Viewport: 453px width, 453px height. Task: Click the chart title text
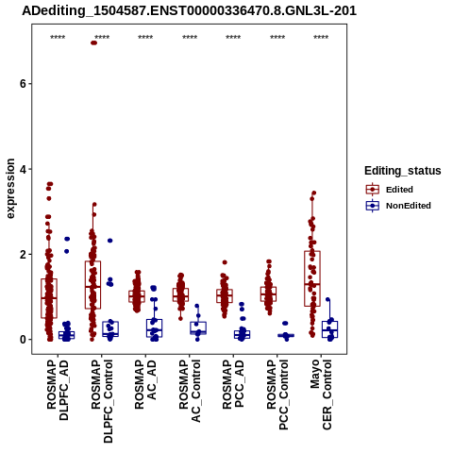coord(189,11)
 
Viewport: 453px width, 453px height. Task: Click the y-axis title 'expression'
coord(10,189)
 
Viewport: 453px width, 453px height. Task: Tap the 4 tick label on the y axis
coord(23,169)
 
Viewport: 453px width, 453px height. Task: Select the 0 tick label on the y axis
coord(23,340)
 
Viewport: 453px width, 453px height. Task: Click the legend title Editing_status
coord(403,171)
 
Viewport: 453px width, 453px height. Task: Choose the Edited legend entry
coord(399,190)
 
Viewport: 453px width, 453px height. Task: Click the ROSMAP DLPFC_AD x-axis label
coord(58,390)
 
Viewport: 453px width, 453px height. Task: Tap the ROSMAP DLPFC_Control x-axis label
coord(102,401)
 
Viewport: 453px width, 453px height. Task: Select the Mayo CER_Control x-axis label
coord(321,394)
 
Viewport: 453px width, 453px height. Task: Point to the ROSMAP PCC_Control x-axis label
coord(277,394)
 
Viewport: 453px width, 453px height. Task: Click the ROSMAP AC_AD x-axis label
coord(145,384)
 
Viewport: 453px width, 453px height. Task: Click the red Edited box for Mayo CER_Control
coord(312,278)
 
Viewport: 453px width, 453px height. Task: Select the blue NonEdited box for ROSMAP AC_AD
coord(155,328)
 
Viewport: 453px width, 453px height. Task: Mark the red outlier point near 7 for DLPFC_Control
coord(93,42)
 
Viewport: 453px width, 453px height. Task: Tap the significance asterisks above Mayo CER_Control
coord(321,37)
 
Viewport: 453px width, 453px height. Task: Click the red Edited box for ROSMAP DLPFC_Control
coord(92,285)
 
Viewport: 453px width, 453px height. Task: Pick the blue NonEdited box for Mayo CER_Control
coord(329,329)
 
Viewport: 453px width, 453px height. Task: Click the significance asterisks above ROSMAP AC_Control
coord(190,37)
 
